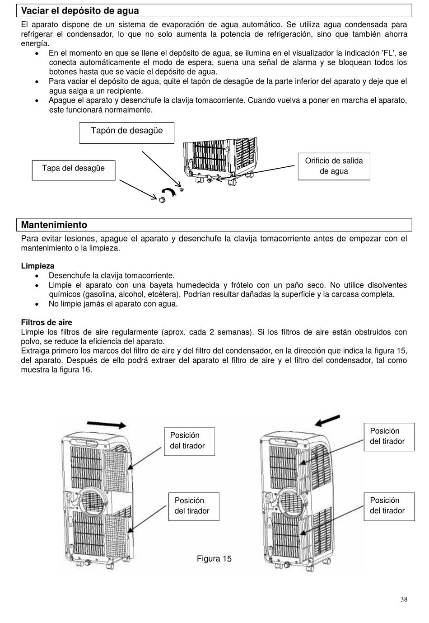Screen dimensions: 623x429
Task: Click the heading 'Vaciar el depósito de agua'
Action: (80, 11)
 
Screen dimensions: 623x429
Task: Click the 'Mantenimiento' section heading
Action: (54, 225)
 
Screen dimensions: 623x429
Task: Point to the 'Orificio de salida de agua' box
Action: (334, 166)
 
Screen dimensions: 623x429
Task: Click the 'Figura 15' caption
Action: (214, 559)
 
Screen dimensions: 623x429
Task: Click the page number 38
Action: (403, 599)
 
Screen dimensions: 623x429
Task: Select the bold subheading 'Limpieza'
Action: (37, 266)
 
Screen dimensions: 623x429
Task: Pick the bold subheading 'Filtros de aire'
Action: (47, 322)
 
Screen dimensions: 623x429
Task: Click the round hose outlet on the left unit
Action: (93, 501)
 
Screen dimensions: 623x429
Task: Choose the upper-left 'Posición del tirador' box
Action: (189, 441)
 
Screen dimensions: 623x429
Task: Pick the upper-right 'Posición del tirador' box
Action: (389, 437)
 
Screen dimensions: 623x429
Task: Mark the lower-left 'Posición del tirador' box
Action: (194, 506)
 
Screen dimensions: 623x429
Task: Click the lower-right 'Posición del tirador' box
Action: (389, 506)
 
